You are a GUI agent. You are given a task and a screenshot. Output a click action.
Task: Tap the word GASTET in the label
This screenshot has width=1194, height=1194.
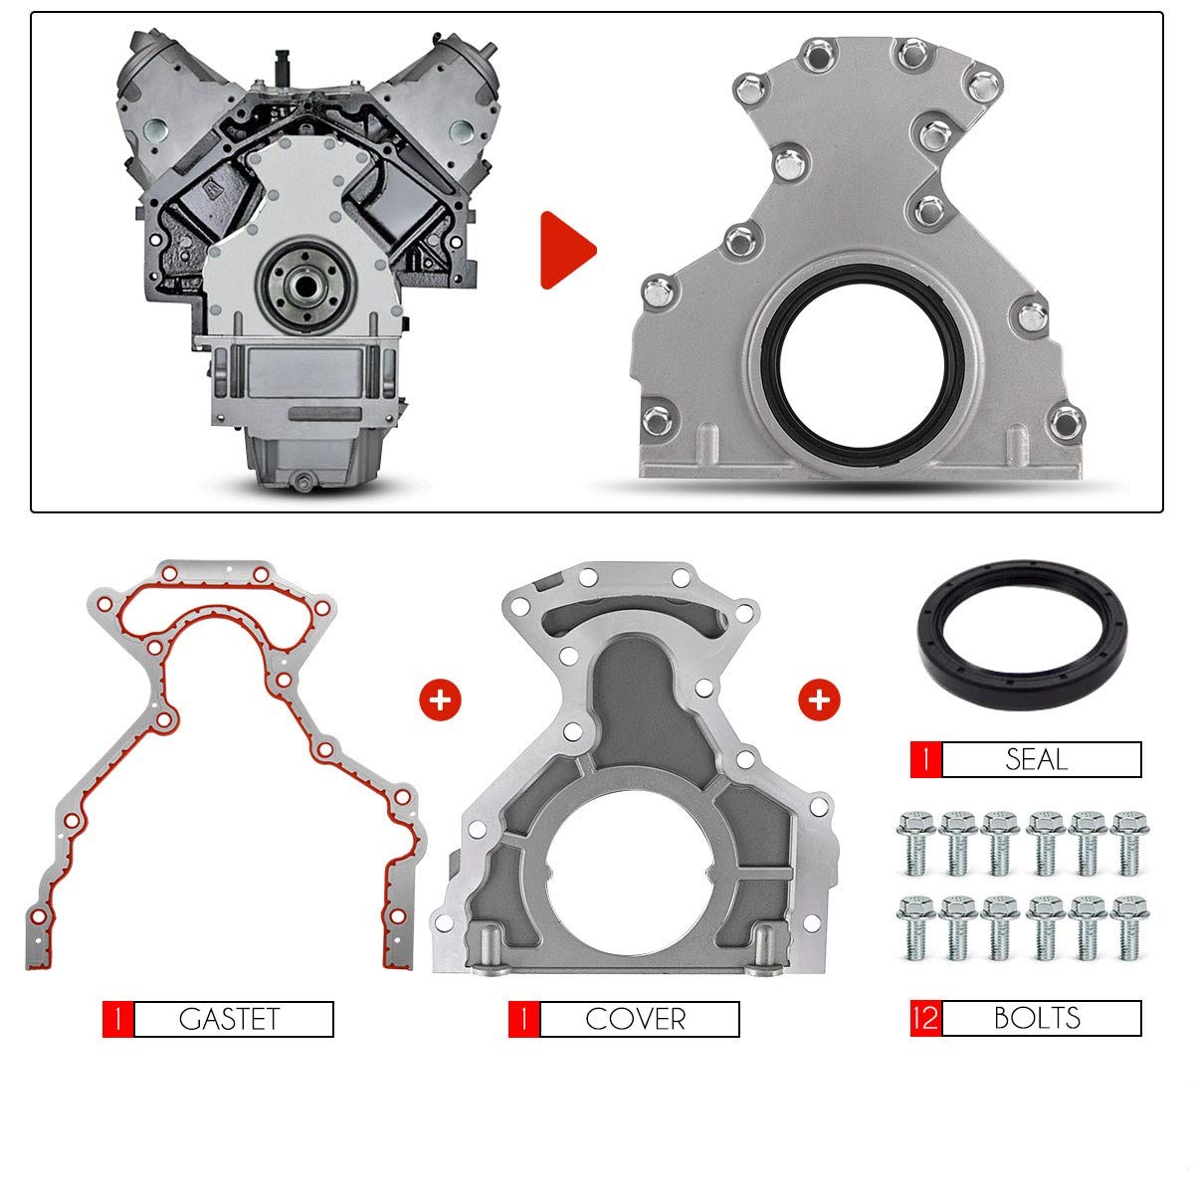pos(231,1019)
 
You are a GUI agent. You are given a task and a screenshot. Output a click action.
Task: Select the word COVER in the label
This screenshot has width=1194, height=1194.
pos(636,1019)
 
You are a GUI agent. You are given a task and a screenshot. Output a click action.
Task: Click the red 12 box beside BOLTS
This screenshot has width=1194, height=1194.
pos(924,1018)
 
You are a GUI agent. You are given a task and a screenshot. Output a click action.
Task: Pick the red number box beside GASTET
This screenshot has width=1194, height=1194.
pos(117,1019)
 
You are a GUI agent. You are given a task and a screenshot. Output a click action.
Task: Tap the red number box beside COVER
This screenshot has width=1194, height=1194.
pos(523,1019)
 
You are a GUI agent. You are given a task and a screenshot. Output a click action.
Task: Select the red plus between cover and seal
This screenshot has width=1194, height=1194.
pos(819,699)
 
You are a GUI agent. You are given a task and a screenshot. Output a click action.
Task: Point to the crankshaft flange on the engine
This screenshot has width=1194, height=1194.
pos(298,288)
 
